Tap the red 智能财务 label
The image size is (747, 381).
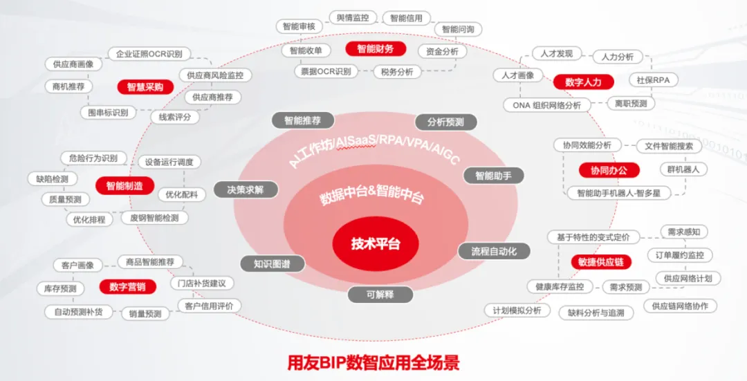point(376,49)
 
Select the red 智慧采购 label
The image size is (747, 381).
point(145,86)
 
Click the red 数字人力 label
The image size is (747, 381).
point(583,82)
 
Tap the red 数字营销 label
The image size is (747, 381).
point(128,286)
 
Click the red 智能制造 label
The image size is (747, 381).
point(124,185)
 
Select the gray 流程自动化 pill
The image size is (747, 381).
point(494,251)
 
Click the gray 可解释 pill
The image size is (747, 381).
point(380,294)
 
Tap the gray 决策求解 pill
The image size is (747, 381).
point(246,189)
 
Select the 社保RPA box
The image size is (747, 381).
point(653,80)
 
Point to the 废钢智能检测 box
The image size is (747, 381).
point(154,218)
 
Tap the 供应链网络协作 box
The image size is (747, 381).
point(680,306)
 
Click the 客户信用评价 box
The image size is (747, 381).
point(209,306)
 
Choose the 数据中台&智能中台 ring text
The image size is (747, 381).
point(371,195)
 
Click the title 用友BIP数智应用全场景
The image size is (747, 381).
point(373,362)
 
